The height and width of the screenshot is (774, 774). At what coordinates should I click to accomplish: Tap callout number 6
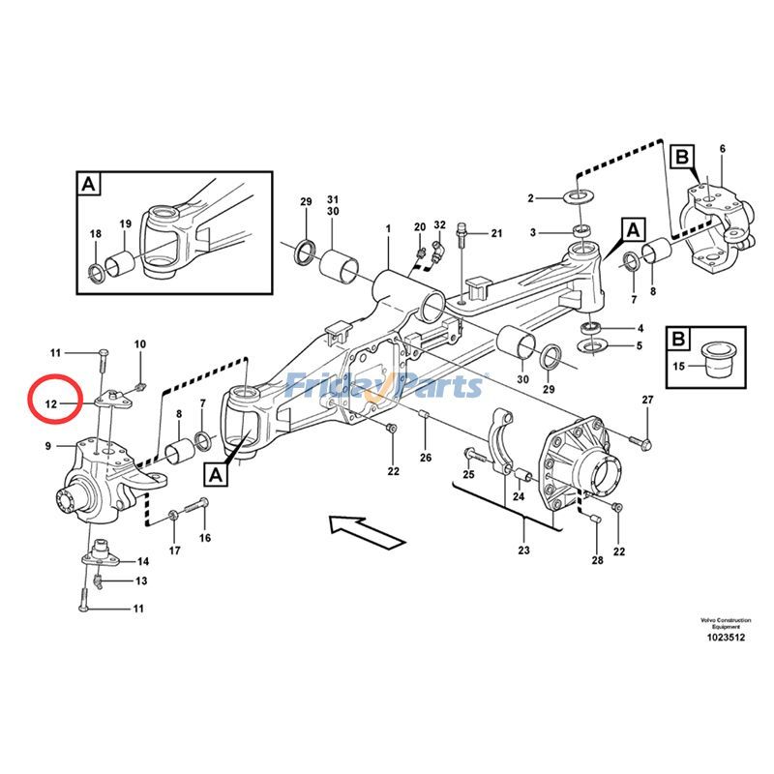pos(721,148)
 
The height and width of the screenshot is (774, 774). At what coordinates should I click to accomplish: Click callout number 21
pos(496,233)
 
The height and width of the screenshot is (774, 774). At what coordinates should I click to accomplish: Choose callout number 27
pos(647,400)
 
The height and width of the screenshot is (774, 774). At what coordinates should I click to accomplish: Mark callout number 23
pos(523,551)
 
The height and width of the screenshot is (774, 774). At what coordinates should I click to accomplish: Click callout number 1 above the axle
pos(387,229)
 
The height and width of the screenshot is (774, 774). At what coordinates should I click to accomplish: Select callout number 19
pos(125,224)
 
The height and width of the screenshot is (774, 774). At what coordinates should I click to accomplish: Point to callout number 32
pos(439,225)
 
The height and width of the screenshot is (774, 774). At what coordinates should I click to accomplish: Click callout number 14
pos(142,561)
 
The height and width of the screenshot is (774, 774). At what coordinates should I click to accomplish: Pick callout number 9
pos(47,446)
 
